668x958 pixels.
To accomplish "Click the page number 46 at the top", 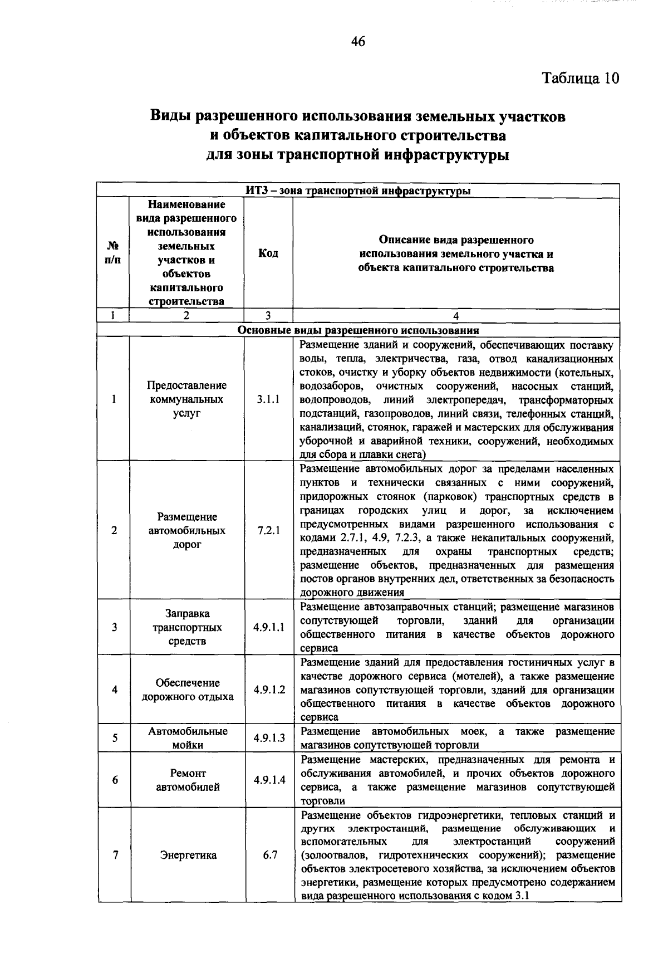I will coord(358,41).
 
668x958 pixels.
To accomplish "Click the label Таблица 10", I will coord(581,78).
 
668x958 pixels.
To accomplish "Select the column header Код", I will coord(268,253).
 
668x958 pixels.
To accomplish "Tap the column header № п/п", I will coord(112,253).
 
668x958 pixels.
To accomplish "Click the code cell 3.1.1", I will coord(268,399).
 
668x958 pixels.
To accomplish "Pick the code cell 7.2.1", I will coord(268,530).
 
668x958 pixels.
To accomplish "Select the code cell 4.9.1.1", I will coord(269,627).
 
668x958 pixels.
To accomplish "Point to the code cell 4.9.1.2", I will coord(269,690).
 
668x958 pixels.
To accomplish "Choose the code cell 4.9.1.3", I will coord(269,738).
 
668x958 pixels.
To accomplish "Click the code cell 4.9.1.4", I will coord(269,780).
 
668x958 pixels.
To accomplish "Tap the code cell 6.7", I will coord(270,855).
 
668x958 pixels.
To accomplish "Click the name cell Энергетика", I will coord(188,855).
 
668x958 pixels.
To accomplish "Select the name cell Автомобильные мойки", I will coord(188,738).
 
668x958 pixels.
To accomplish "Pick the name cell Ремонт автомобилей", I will coord(188,780).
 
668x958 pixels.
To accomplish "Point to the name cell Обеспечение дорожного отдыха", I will coord(188,690).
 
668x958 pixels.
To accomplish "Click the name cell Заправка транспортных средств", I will coord(187,627).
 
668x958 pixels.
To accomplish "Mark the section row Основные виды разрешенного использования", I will coord(358,330).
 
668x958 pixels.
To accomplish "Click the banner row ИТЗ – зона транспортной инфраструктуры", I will coord(358,191).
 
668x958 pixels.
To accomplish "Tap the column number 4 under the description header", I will coord(456,316).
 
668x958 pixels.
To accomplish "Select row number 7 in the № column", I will coord(115,855).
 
